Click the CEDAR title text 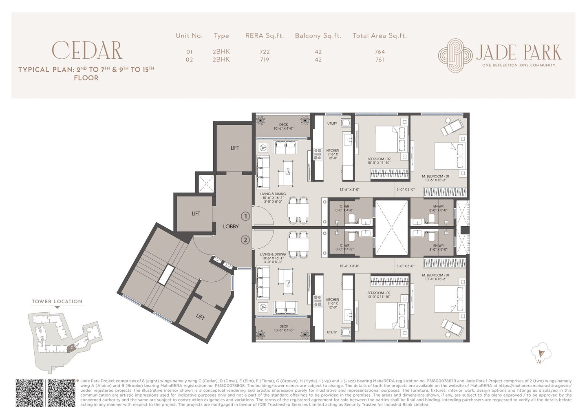[87, 51]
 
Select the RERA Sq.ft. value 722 [264, 52]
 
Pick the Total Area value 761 [380, 60]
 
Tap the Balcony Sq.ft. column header [318, 36]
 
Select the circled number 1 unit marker [245, 216]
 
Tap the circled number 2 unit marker [245, 240]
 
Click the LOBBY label [231, 227]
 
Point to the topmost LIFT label [235, 148]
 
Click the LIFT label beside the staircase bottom [200, 317]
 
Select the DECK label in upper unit [284, 125]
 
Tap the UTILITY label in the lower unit [332, 332]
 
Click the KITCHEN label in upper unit [333, 151]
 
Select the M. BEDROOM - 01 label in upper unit [436, 177]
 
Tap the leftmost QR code [29, 393]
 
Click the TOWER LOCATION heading [57, 302]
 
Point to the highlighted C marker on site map [71, 347]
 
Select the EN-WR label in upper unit [438, 206]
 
